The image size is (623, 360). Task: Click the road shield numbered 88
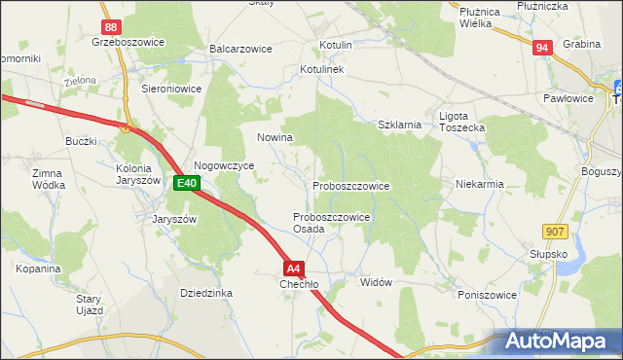pos(112,27)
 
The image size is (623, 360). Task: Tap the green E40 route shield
pos(188,183)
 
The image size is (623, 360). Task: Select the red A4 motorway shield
pos(296,269)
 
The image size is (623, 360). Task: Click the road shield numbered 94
pos(543,47)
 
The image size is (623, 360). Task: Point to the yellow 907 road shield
pos(556,231)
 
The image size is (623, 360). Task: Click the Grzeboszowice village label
pos(127,43)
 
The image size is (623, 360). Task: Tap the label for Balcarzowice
pos(239,48)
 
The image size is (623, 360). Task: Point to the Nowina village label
pos(275,137)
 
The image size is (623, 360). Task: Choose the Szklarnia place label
pos(399,125)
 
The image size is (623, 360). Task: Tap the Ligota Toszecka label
pos(462,122)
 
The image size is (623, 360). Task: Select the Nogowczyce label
pos(224,166)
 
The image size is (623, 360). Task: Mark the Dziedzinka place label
pos(206,292)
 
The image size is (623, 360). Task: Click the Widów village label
pos(376,282)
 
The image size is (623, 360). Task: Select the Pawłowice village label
pos(568,98)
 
